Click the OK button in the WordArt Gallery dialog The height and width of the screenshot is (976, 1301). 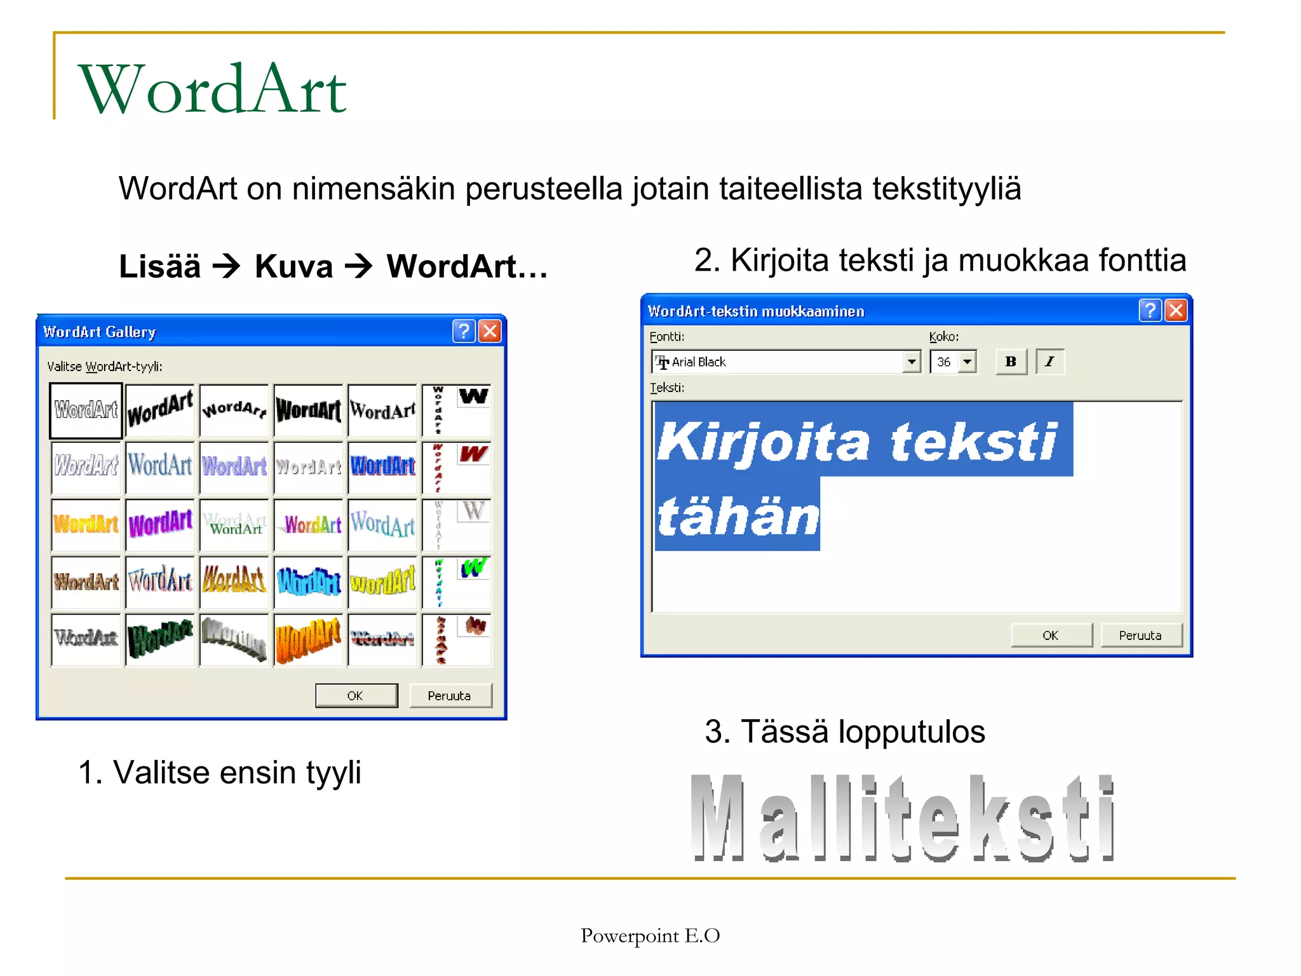click(356, 696)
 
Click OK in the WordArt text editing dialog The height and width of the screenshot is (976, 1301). click(1051, 635)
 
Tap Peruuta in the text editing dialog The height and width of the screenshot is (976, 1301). click(1140, 635)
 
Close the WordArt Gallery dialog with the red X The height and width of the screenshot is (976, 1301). click(490, 331)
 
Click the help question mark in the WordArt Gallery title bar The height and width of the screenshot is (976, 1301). click(464, 331)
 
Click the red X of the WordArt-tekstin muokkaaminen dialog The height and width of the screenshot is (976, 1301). click(1176, 311)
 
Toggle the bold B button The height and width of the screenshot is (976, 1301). click(1011, 362)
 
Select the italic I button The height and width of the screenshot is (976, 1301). click(1049, 362)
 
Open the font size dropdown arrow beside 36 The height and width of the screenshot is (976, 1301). click(967, 362)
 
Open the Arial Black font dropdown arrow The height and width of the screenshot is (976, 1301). click(912, 362)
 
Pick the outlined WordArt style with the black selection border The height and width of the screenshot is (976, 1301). click(86, 410)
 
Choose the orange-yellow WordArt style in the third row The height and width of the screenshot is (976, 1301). click(86, 524)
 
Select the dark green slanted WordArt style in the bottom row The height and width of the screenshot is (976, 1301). click(160, 639)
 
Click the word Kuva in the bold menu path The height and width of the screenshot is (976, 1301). click(293, 266)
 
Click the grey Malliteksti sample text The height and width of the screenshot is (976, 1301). click(903, 818)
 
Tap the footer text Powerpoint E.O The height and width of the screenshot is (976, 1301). click(650, 935)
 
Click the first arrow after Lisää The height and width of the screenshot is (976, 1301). click(227, 266)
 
